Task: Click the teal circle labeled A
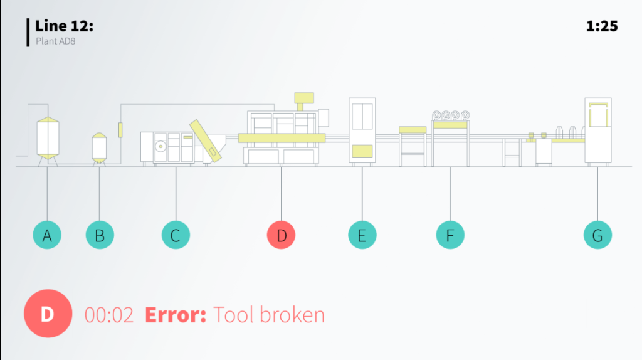[47, 236]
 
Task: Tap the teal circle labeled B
[100, 236]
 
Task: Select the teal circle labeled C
[176, 236]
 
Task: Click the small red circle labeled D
[282, 236]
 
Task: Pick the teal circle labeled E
[362, 236]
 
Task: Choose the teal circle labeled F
[450, 236]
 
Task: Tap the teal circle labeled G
[597, 236]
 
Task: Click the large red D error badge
[48, 314]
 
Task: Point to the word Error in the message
[176, 315]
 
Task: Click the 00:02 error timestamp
[109, 315]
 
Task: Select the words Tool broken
[269, 315]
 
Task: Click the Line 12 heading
[65, 26]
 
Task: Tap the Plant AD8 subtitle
[56, 41]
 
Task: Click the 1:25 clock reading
[602, 26]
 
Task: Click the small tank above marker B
[99, 147]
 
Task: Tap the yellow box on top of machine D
[304, 97]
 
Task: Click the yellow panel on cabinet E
[362, 151]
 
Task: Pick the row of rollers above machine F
[450, 115]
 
